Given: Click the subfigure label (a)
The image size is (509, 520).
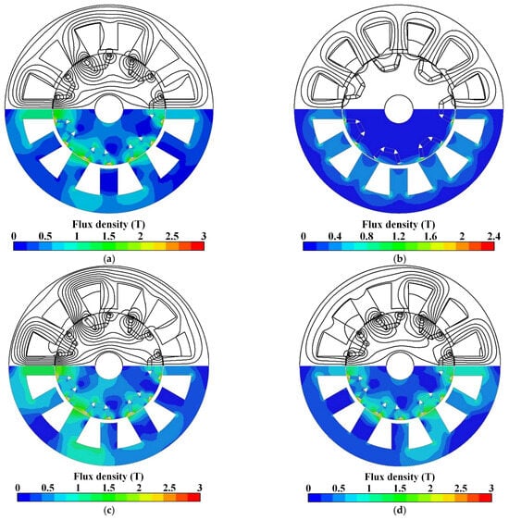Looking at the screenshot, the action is pos(109,259).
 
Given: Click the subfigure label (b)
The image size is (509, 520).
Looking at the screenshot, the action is pos(399,259).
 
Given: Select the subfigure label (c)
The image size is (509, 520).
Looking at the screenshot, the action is pos(109,511).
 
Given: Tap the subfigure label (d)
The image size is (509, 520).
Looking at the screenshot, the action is pos(400,511).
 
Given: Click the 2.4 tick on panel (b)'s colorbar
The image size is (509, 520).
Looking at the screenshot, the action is pos(493,236).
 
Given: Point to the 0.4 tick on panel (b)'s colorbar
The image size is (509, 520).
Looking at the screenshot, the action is pos(335,236).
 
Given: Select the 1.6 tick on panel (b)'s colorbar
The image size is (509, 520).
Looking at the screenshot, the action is pos(430,236).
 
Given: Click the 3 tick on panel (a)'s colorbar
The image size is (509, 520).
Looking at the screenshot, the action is pos(204,236).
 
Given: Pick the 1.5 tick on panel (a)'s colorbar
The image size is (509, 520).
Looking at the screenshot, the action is pos(109,236).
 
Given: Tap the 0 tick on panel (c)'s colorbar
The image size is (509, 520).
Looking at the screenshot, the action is pos(18,488).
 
